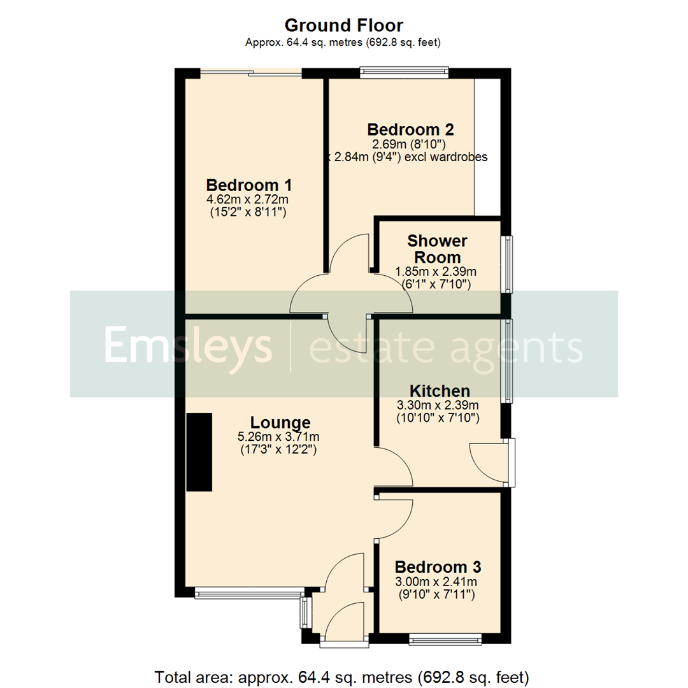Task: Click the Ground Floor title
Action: point(343,25)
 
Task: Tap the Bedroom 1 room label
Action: point(249,185)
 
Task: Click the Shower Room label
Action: point(437,249)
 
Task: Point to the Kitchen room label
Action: point(440,391)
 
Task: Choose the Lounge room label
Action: point(280,422)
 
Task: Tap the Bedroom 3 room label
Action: point(438,567)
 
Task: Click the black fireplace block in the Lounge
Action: point(199,452)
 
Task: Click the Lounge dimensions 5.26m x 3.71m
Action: point(278,437)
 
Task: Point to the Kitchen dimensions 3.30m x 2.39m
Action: point(438,405)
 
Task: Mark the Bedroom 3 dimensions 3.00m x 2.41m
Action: point(437,582)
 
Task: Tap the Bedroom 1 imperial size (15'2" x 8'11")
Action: point(248,213)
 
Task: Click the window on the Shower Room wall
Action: point(508,264)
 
